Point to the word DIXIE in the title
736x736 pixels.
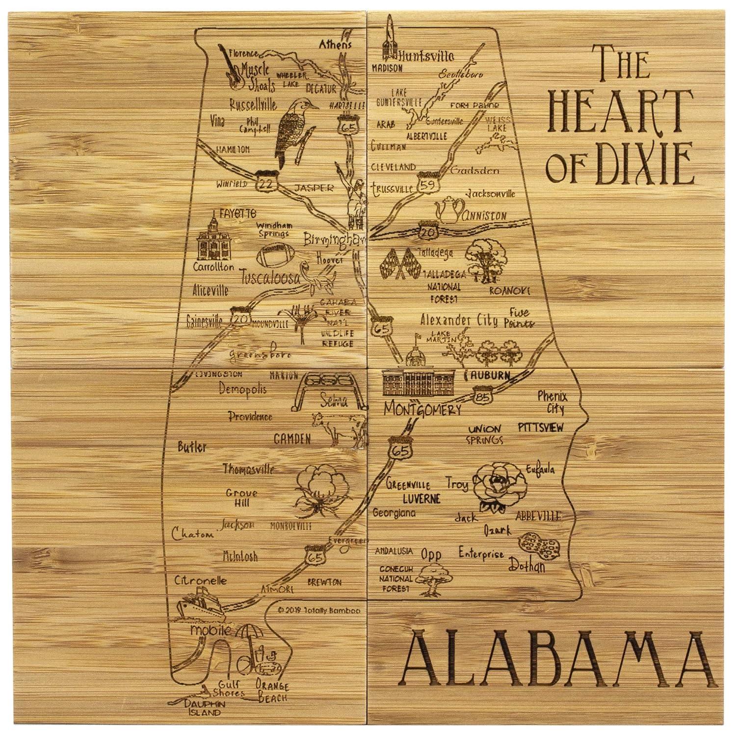[x=647, y=162]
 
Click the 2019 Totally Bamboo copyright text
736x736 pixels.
[x=319, y=611]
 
